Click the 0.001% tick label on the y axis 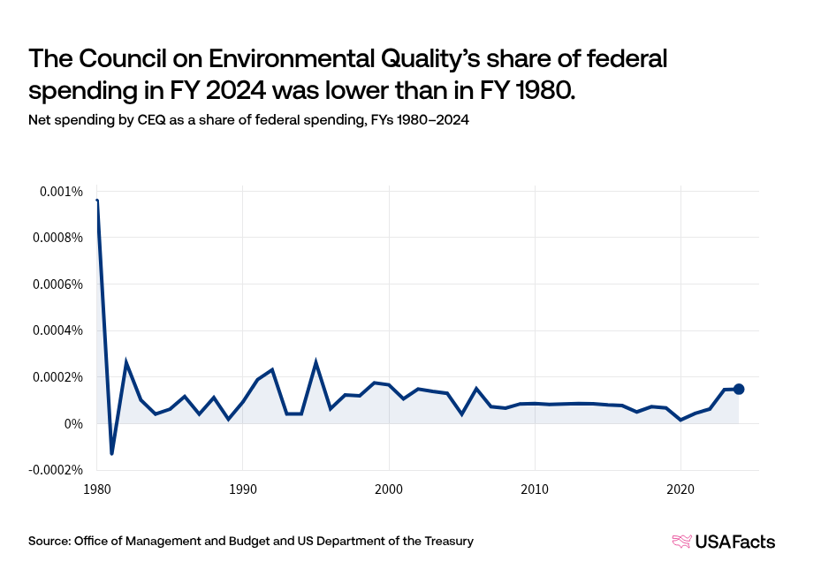point(62,192)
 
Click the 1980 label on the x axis point(96,489)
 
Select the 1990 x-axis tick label point(242,489)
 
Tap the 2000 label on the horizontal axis point(388,489)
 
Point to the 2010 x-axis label point(534,489)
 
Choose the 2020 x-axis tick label point(680,489)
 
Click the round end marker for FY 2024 point(739,389)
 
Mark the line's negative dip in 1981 point(111,453)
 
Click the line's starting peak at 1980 point(96,201)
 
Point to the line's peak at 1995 point(315,362)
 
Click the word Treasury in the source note point(446,541)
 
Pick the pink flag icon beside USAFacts point(681,542)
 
